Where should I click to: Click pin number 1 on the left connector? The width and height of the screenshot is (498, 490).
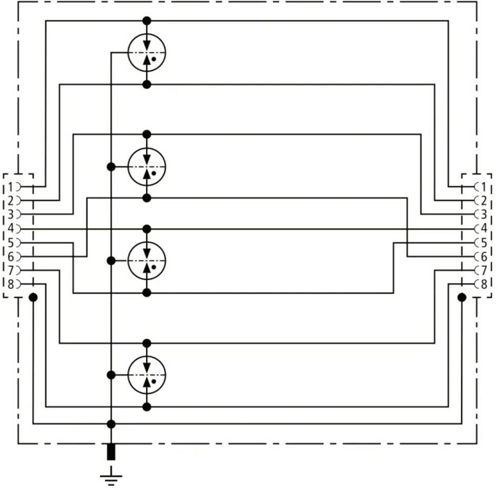tap(11, 187)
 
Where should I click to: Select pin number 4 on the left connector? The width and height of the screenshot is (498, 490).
tap(11, 228)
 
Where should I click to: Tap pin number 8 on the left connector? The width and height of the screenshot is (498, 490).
tap(11, 284)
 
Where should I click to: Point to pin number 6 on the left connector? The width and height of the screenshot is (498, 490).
tap(11, 256)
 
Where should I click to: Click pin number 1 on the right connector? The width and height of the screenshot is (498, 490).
tap(483, 187)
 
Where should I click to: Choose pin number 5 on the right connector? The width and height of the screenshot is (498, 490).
tap(483, 242)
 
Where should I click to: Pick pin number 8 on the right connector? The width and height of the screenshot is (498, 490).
tap(483, 284)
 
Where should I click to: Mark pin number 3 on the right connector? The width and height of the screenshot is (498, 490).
tap(483, 215)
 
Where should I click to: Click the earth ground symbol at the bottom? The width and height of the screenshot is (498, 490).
tap(111, 476)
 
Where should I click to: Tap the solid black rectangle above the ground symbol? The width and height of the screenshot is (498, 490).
tap(111, 452)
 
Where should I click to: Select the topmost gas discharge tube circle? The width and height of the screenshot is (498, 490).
tap(147, 53)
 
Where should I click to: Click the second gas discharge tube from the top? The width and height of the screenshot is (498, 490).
tap(147, 166)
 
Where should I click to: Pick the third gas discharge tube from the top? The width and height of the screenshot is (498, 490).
tap(147, 261)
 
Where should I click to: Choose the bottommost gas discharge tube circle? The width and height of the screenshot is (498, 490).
tap(147, 375)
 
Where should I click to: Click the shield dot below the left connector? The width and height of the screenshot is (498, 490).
tap(33, 297)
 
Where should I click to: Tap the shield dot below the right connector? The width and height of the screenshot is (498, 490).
tap(462, 297)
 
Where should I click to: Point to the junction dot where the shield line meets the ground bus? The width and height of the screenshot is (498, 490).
tap(111, 424)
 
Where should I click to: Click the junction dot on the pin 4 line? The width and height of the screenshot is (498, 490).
tap(147, 229)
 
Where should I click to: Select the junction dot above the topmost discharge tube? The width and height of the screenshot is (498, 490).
tap(147, 21)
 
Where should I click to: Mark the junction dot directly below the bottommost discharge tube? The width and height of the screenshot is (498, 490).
tap(147, 407)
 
